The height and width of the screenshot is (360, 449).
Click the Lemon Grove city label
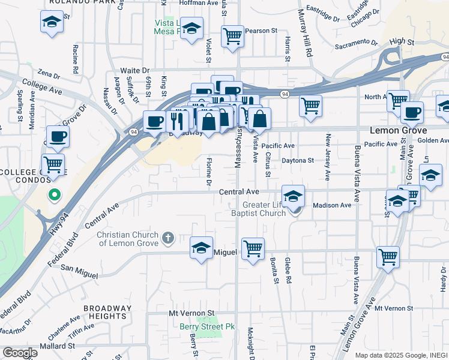point(398,130)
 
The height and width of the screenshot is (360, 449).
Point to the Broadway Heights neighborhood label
point(107,312)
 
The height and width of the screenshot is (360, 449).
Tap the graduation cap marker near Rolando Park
point(52,22)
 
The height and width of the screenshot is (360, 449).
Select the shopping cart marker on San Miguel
point(253,248)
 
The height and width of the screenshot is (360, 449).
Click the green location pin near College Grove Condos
point(54,195)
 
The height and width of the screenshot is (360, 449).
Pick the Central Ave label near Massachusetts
point(238,191)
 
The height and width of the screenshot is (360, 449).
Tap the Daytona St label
point(298,160)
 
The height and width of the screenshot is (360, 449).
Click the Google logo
point(20,353)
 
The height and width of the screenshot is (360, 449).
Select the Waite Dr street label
point(134,70)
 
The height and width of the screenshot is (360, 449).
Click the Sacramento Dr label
point(357,44)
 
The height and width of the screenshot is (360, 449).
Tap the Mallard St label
point(57,346)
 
